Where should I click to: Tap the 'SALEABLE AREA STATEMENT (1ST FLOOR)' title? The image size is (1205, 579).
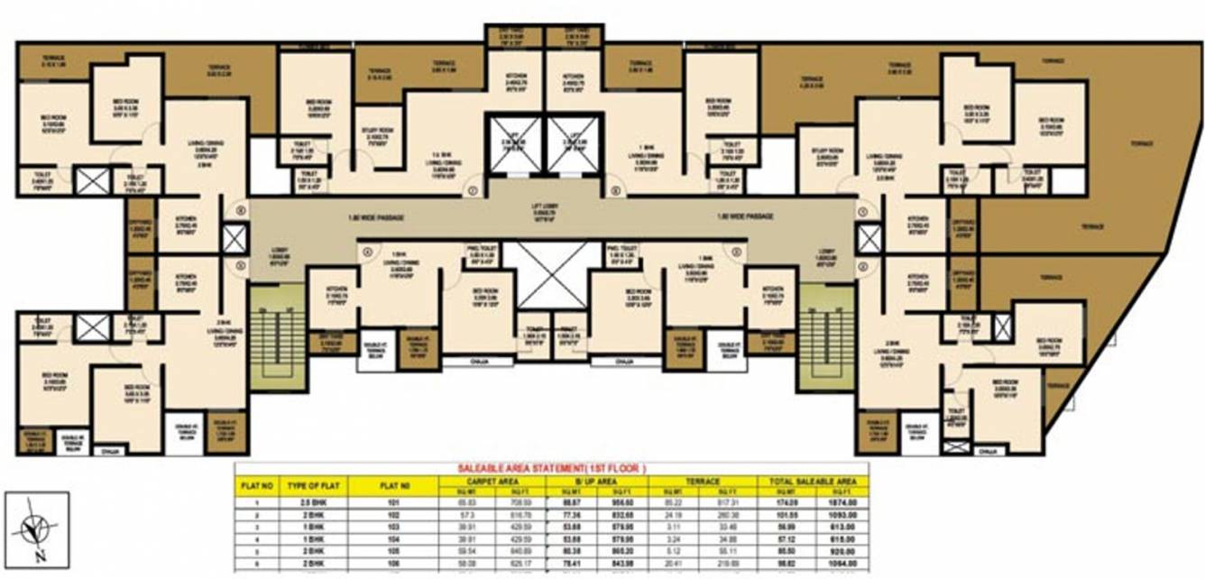[550, 469]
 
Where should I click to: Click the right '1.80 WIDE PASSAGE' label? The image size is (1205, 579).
[745, 217]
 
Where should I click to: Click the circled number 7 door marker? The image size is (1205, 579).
[472, 190]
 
